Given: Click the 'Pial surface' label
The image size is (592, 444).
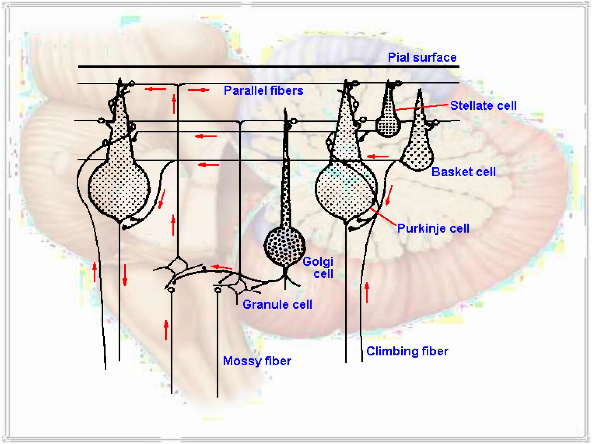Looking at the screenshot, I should (x=422, y=58).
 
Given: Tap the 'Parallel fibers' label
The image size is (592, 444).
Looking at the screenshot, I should (x=263, y=91).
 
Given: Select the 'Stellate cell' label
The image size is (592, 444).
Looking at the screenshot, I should (x=483, y=106).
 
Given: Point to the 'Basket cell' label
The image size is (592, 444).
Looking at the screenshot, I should (x=463, y=172).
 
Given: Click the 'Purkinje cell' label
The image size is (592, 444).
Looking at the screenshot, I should (x=433, y=228).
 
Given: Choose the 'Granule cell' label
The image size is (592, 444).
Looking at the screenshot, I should (x=277, y=304).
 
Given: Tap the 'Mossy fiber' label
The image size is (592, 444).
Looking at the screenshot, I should (x=257, y=361).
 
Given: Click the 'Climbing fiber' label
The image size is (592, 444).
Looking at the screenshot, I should (x=407, y=351).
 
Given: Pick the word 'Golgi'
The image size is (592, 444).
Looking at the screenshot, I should (x=318, y=262).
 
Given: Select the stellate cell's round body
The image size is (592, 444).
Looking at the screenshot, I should (x=388, y=126).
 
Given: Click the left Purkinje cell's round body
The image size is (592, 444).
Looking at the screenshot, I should (x=119, y=189).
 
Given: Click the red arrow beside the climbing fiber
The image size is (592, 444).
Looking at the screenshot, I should (x=367, y=293).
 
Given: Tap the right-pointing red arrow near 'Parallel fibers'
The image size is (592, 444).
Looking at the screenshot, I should (x=199, y=90).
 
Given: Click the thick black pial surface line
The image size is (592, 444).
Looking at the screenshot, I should (x=269, y=66).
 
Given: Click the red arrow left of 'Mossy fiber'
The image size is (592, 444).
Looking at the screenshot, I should (x=166, y=330).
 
